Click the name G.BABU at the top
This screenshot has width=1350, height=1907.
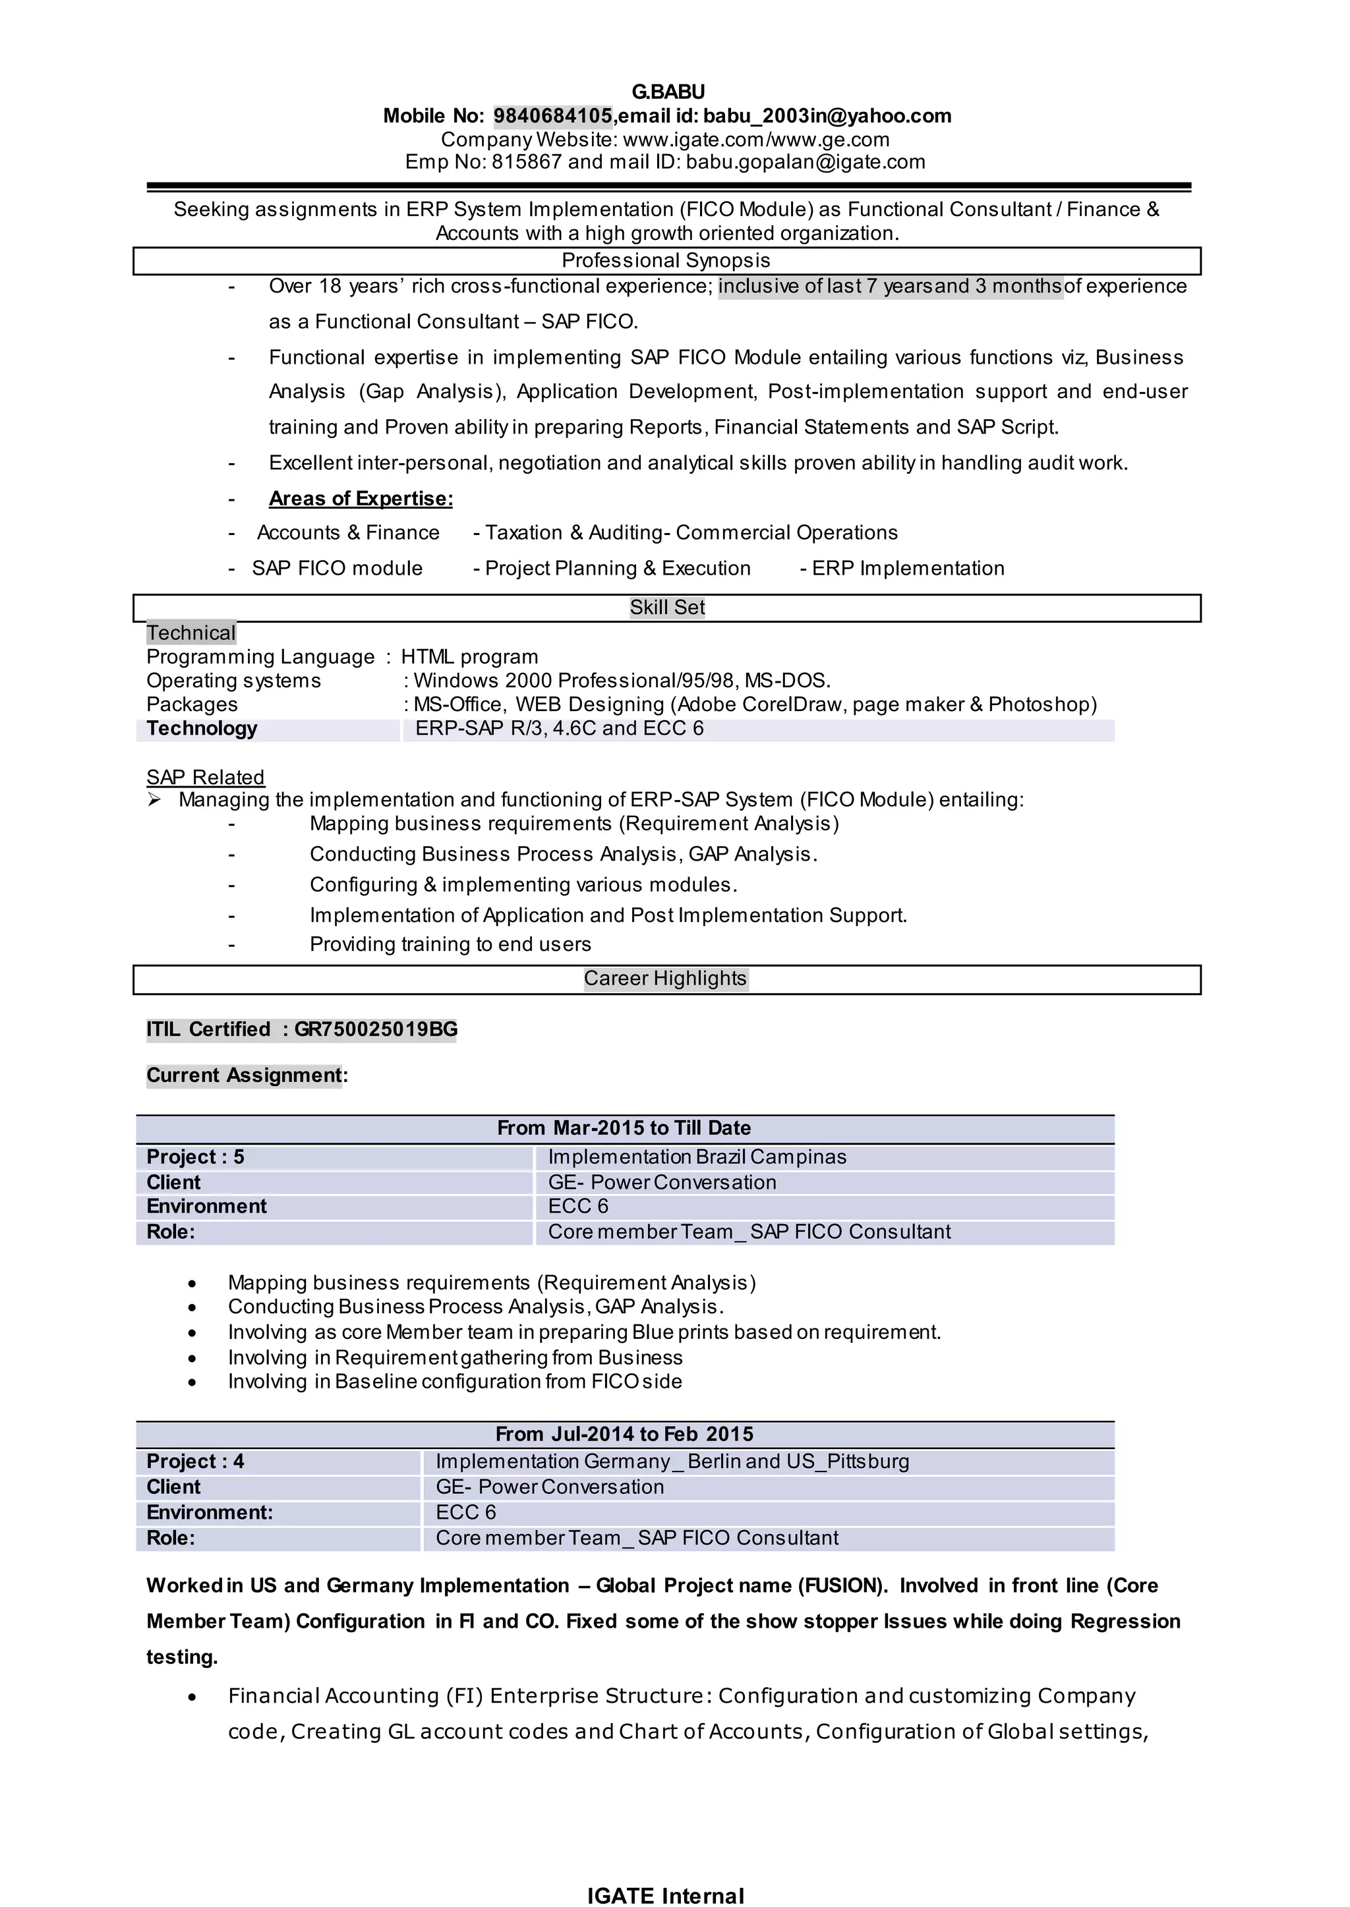pos(668,92)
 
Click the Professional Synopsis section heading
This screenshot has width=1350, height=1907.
pos(666,260)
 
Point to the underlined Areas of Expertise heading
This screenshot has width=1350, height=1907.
pos(361,499)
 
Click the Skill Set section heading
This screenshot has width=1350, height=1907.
pos(666,608)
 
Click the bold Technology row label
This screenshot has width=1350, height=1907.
pos(202,729)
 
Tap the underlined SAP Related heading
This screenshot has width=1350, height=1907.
pos(205,777)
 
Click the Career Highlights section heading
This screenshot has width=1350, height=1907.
pos(665,978)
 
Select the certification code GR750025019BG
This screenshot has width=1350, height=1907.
pos(376,1029)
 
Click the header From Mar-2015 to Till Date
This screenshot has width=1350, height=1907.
pos(624,1127)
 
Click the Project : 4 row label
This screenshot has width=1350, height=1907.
pos(195,1461)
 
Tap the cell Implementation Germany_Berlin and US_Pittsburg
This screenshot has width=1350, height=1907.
pos(672,1461)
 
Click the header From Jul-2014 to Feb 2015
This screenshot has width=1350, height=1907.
pos(624,1434)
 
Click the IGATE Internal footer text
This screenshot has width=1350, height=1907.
pos(665,1895)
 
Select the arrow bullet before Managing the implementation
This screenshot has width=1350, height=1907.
pos(154,800)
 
